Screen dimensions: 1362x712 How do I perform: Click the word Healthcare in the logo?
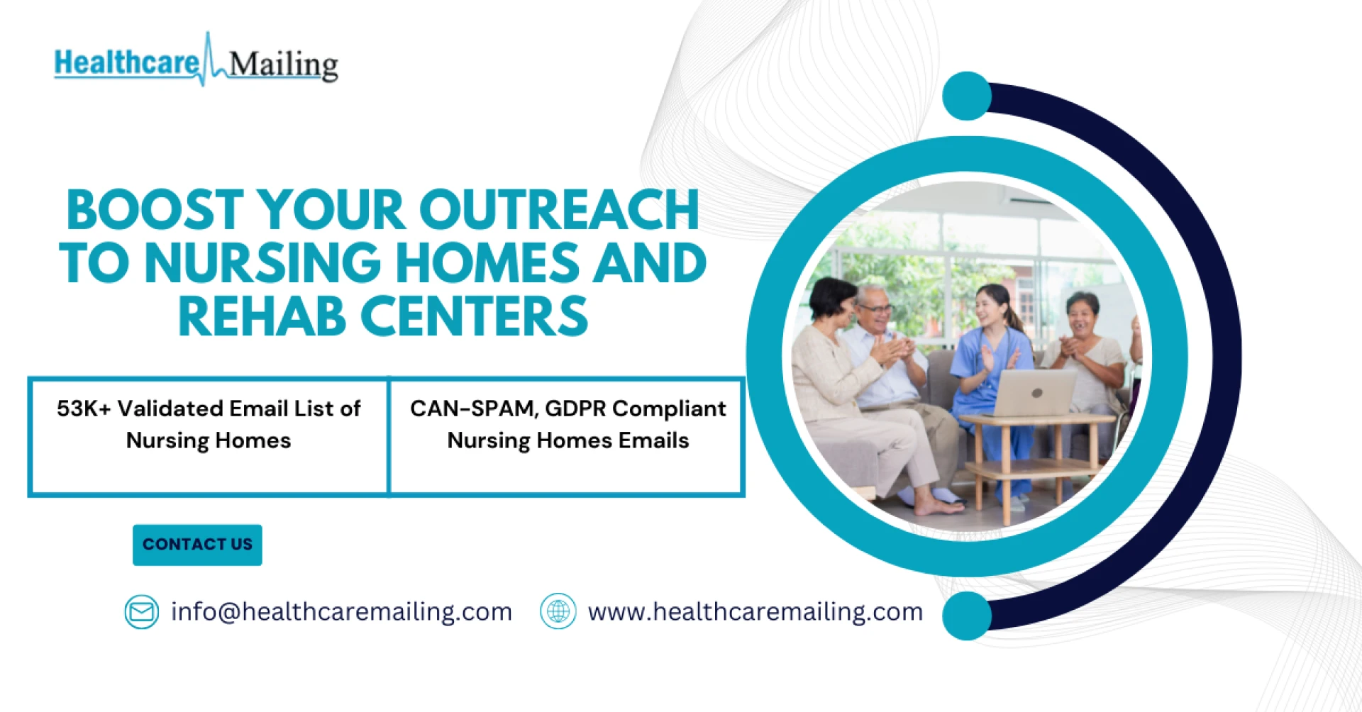(x=127, y=62)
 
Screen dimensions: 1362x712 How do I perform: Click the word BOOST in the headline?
(x=155, y=210)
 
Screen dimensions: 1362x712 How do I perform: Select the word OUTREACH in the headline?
(x=559, y=210)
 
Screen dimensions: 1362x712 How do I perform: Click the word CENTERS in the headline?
(x=475, y=316)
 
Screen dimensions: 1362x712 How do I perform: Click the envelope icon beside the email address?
(x=142, y=611)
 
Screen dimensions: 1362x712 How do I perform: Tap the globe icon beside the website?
(x=558, y=611)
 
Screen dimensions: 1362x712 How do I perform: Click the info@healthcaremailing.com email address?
(x=341, y=611)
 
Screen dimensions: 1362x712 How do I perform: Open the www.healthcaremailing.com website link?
(x=755, y=611)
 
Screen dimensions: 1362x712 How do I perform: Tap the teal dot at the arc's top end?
(x=967, y=96)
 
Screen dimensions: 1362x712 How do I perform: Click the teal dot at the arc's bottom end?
(x=967, y=616)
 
